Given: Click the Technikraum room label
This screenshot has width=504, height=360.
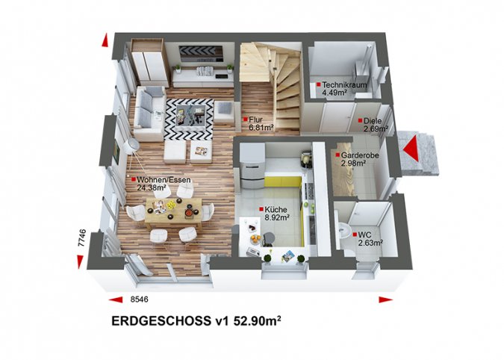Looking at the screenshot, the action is tap(344, 85).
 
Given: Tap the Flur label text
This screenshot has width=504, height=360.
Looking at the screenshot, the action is tap(255, 120).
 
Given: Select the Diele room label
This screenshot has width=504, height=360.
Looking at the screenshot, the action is tap(373, 121).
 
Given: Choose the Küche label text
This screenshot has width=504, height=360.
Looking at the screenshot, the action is tap(276, 210).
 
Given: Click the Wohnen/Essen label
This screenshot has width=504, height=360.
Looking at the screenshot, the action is tap(164, 180).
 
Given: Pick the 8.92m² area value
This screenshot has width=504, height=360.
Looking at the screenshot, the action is tap(277, 217).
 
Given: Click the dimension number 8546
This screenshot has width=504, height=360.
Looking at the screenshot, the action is tap(139, 300).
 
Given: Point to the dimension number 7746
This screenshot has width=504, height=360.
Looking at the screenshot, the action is tap(82, 238).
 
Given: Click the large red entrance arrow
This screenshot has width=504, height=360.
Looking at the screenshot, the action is tap(411, 148).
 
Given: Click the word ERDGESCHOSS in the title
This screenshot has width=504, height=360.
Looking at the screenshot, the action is tap(161, 320).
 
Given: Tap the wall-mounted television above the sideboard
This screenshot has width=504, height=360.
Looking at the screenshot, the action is tap(201, 54).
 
